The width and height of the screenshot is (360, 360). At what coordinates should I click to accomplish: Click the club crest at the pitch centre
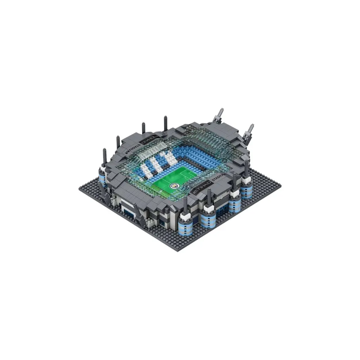point(173,185)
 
